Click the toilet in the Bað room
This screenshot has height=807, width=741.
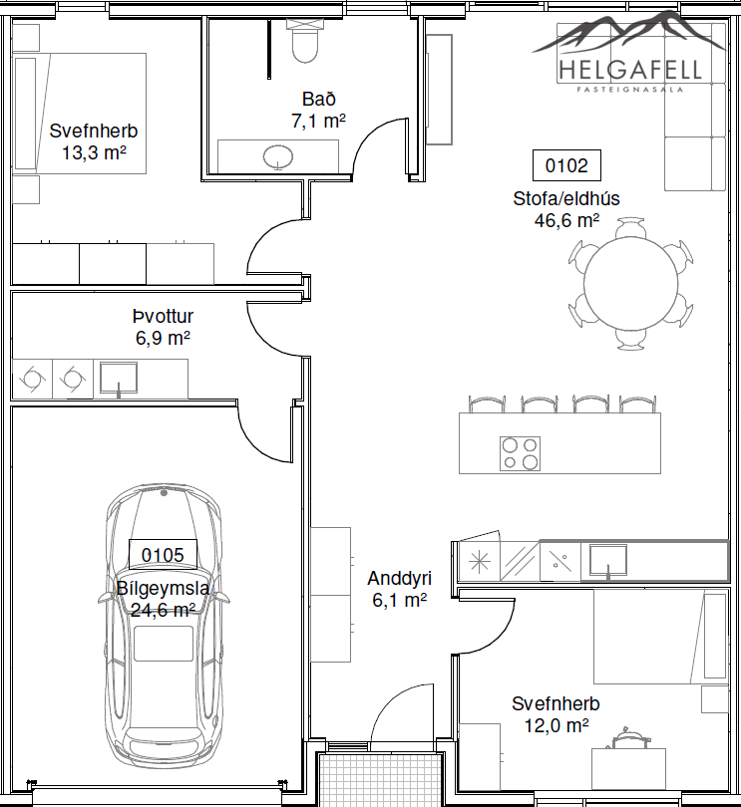305,41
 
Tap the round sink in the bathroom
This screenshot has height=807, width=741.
278,156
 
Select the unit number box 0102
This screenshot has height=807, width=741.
566,165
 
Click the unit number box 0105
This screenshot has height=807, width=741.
163,555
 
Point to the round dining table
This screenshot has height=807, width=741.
630,284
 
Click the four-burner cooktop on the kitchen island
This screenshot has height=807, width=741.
520,453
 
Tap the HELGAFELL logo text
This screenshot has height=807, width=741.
630,70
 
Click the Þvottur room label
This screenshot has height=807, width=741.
163,316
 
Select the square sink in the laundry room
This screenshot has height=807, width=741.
119,380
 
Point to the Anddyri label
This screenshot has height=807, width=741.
399,579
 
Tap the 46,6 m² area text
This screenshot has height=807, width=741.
566,220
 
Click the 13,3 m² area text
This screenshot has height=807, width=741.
95,152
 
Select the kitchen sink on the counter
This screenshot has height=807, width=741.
608,561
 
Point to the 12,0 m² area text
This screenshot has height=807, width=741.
556,725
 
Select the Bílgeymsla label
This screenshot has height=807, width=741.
163,588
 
